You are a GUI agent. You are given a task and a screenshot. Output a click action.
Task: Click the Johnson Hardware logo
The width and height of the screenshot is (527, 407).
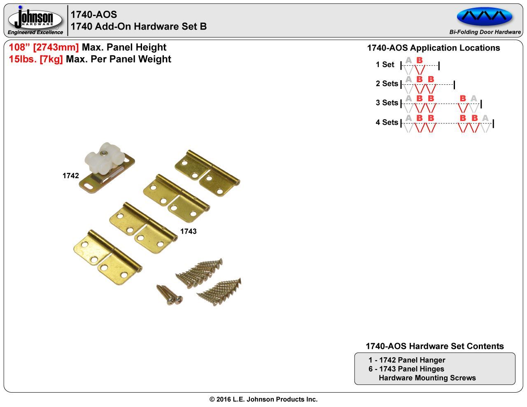click(36, 20)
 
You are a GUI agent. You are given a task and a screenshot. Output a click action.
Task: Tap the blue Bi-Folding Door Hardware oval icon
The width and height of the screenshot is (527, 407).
click(485, 16)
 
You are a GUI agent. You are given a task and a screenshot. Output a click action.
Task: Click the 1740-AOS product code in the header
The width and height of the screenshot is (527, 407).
click(94, 14)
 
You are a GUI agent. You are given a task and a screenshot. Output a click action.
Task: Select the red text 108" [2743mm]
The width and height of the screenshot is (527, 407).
click(44, 47)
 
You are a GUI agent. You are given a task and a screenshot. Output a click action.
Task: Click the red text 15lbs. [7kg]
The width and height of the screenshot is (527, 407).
click(36, 59)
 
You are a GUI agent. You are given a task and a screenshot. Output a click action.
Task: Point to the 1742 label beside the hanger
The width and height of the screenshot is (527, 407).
click(70, 176)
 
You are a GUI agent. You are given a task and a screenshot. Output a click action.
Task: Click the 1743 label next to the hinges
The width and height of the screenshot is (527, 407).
click(188, 231)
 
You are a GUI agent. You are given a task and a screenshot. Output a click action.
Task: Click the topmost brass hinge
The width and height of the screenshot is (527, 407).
click(207, 173)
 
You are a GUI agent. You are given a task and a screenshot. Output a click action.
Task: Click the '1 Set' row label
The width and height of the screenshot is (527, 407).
click(385, 65)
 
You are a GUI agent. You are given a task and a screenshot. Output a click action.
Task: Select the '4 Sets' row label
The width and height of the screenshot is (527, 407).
click(387, 122)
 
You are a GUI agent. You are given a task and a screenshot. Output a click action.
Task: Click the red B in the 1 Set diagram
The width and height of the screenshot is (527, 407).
click(420, 60)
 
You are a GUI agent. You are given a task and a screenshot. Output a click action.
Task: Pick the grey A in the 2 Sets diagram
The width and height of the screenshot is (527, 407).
click(408, 79)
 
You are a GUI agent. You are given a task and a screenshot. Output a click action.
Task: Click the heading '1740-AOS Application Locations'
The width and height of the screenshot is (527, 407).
click(433, 48)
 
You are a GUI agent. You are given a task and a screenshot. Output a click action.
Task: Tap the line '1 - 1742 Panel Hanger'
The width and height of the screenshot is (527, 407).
click(407, 360)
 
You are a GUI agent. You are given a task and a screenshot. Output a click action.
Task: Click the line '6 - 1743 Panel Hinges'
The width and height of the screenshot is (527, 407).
click(406, 369)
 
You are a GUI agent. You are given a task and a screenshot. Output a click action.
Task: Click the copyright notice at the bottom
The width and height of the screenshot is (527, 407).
click(263, 399)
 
